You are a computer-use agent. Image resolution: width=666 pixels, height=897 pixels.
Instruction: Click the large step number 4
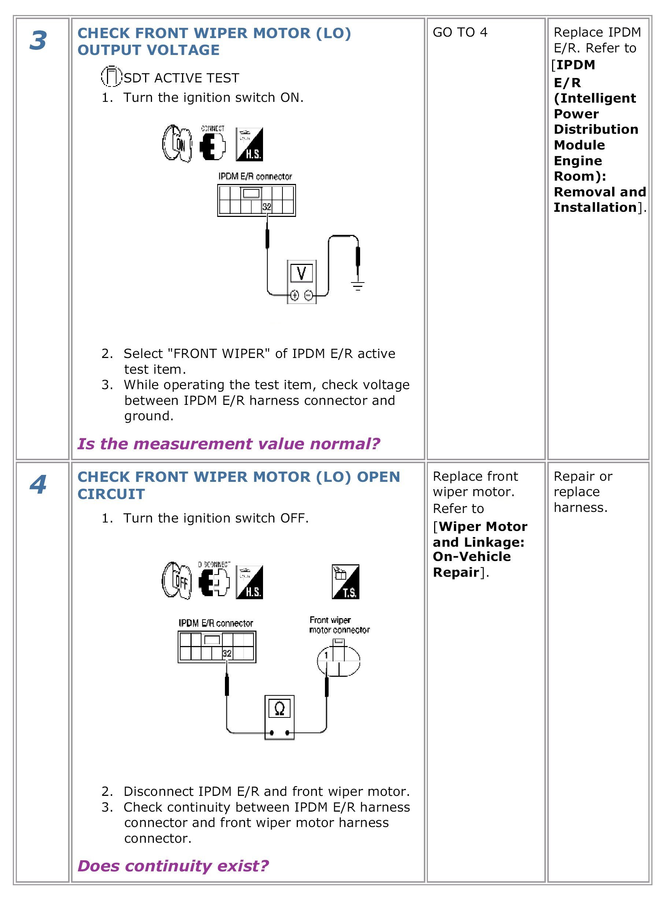(38, 484)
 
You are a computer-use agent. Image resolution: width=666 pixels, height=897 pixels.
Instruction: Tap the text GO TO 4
(460, 32)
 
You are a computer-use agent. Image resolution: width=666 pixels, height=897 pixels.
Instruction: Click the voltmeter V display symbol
(301, 273)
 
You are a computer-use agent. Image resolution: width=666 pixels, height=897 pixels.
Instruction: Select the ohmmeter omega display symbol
(280, 708)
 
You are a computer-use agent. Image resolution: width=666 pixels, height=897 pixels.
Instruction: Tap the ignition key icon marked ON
(177, 144)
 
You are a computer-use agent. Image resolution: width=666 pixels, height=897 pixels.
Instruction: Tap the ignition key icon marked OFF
(177, 580)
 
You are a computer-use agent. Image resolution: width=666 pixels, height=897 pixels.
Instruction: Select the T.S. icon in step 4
(345, 582)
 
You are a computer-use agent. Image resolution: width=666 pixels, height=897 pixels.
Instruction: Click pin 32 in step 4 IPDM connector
(227, 653)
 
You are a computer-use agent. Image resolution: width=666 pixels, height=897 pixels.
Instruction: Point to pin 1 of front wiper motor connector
(326, 655)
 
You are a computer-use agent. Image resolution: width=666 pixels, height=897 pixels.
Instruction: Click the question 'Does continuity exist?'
(173, 865)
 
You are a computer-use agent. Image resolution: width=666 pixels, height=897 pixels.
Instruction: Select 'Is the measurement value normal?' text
(229, 443)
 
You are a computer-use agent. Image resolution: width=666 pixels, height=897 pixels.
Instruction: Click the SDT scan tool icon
(111, 76)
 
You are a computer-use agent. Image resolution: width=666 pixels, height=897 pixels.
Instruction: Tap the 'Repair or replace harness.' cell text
(582, 492)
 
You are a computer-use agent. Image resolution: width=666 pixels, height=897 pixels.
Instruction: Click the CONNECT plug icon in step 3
(212, 144)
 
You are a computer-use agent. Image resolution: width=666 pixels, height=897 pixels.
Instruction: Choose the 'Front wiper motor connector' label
(339, 625)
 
